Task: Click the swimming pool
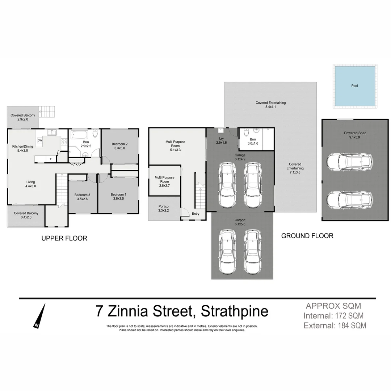click(x=354, y=86)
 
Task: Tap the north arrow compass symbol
click(x=40, y=316)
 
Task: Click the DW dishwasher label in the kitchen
click(x=39, y=140)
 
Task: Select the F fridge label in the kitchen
click(x=51, y=159)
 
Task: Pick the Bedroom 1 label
click(x=118, y=194)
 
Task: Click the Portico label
click(x=164, y=206)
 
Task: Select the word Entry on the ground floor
click(x=195, y=214)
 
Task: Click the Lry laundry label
click(x=221, y=138)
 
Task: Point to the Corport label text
click(x=240, y=220)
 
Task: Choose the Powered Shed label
click(x=355, y=133)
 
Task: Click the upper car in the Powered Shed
click(x=349, y=162)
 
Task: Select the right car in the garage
click(x=252, y=185)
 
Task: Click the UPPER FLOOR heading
click(x=64, y=238)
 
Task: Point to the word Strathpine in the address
click(x=234, y=311)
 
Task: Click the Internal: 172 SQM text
click(x=333, y=316)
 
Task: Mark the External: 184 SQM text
click(x=335, y=325)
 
